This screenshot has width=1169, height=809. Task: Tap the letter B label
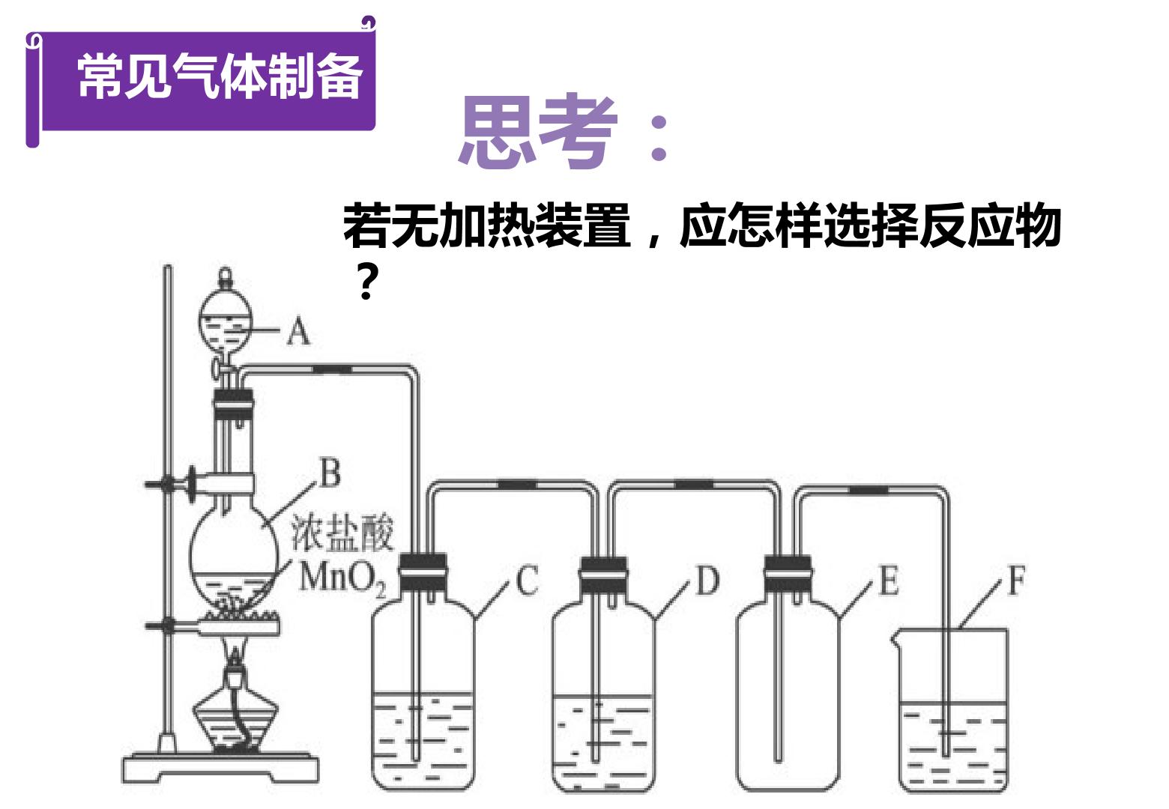330,473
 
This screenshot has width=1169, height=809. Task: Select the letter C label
527,580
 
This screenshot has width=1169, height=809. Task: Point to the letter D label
707,580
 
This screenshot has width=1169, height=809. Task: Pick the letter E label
889,580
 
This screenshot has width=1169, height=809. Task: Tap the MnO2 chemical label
342,579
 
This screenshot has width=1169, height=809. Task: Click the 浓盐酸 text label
342,533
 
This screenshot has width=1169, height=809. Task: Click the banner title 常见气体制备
220,76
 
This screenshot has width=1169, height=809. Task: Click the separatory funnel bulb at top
226,319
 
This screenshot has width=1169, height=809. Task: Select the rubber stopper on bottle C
423,572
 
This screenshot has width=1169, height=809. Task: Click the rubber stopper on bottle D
603,575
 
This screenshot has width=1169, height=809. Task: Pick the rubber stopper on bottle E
788,574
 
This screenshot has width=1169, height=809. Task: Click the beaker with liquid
953,710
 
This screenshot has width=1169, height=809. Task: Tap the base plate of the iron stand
220,769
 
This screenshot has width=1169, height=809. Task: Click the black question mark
366,281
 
